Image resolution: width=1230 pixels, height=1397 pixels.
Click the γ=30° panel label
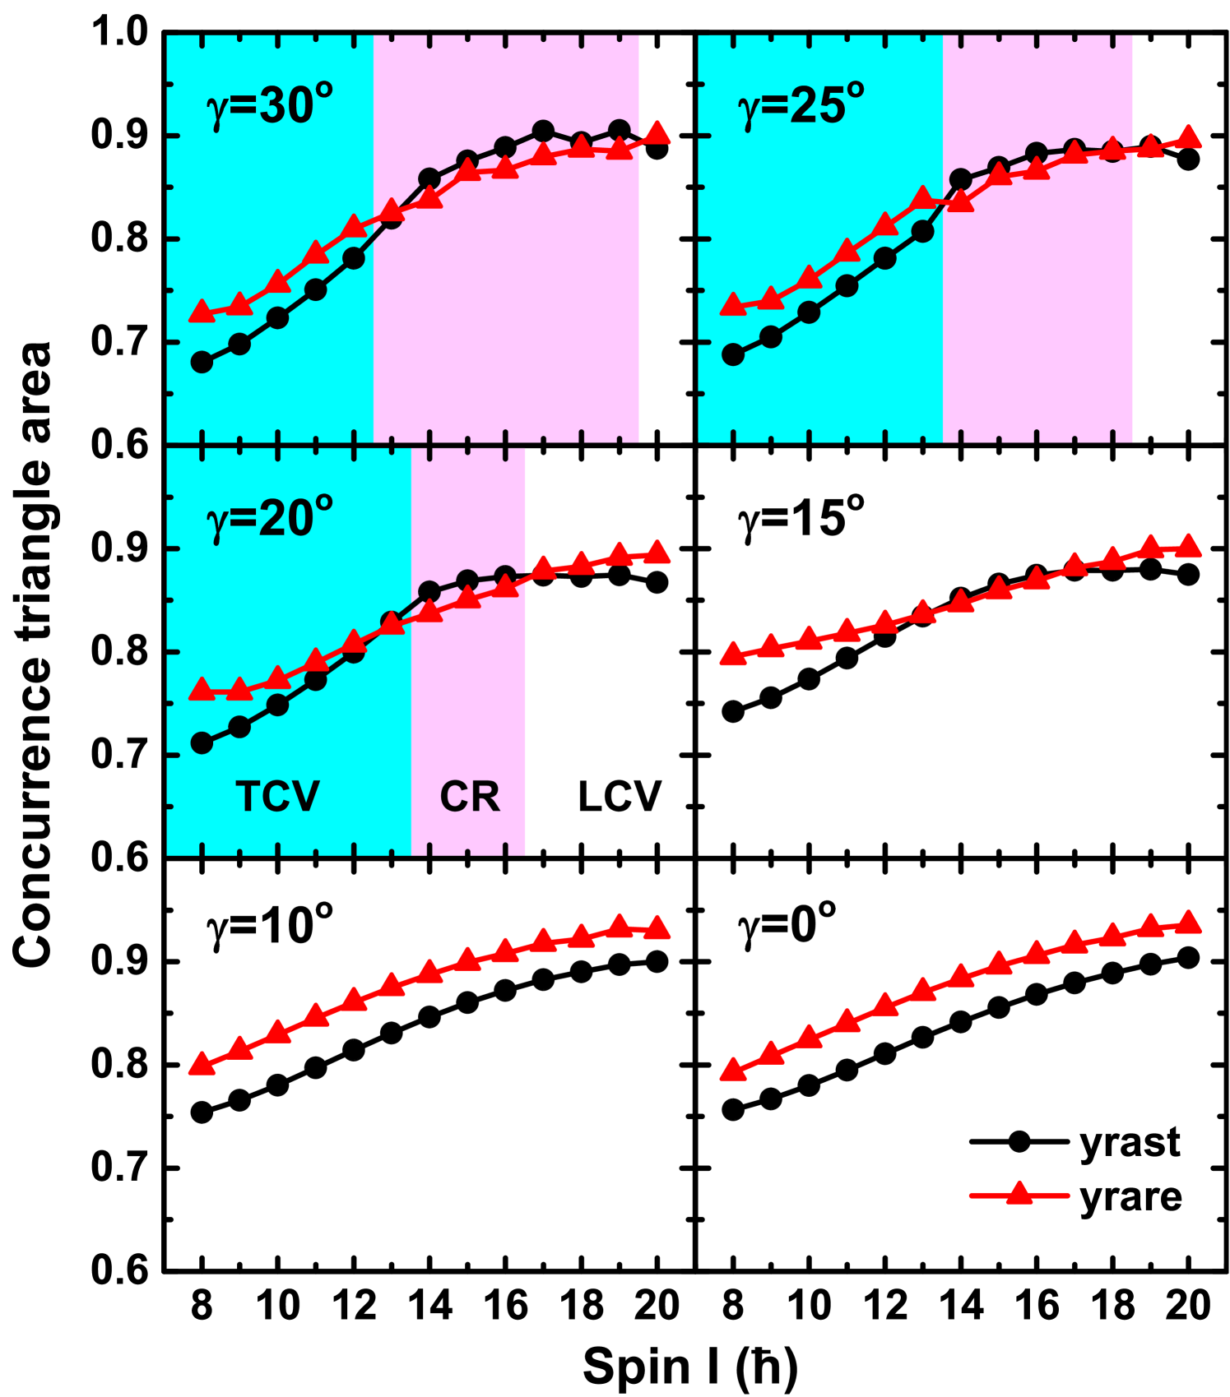click(x=269, y=107)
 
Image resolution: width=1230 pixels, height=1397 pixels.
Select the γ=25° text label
click(x=801, y=107)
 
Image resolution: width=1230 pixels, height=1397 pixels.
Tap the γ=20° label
click(x=269, y=519)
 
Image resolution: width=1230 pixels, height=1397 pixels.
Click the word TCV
click(x=277, y=796)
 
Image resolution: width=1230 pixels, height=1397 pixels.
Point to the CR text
click(x=470, y=796)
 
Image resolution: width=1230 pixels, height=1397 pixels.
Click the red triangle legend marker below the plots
click(x=1019, y=1194)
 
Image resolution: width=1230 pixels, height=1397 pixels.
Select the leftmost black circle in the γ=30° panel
click(x=202, y=362)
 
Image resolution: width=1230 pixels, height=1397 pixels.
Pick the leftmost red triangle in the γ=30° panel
click(x=202, y=312)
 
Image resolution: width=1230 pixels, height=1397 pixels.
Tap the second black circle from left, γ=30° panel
click(x=239, y=344)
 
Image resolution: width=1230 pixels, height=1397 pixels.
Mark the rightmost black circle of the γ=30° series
click(x=620, y=131)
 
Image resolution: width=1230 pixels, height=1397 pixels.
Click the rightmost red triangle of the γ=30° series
click(x=657, y=132)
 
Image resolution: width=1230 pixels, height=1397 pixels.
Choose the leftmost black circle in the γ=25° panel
click(x=733, y=354)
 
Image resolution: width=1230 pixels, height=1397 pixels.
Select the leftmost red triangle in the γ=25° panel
click(x=733, y=305)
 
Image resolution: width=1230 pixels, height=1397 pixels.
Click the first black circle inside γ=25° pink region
click(x=960, y=179)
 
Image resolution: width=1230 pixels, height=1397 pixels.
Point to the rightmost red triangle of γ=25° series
click(x=1188, y=136)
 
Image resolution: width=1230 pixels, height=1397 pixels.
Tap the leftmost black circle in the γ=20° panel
click(x=202, y=743)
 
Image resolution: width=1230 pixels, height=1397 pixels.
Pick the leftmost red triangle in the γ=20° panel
click(x=202, y=690)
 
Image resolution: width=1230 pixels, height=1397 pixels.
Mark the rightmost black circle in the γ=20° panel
click(x=505, y=576)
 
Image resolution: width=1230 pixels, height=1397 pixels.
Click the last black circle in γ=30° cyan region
click(x=354, y=258)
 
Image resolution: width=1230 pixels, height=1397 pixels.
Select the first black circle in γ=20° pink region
click(x=429, y=591)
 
